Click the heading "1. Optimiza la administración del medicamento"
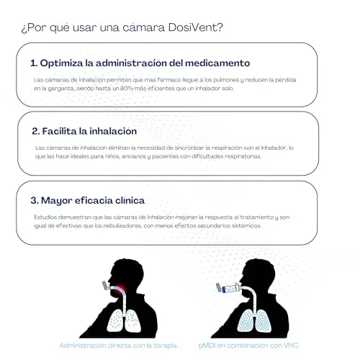pyautogui.click(x=140, y=63)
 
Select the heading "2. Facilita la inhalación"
pyautogui.click(x=84, y=131)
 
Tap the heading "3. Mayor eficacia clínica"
pyautogui.click(x=88, y=200)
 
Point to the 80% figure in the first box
pyautogui.click(x=127, y=89)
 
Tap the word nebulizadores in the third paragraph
pyautogui.click(x=122, y=226)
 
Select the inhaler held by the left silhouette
pyautogui.click(x=106, y=287)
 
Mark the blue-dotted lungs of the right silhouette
pyautogui.click(x=254, y=321)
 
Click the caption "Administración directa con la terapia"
pyautogui.click(x=118, y=346)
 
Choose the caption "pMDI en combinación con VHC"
pyautogui.click(x=248, y=346)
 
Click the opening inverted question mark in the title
pyautogui.click(x=24, y=29)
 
